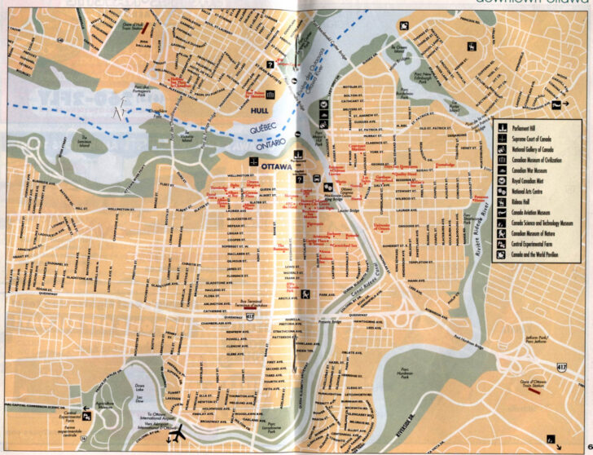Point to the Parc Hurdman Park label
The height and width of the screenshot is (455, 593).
coord(404,374)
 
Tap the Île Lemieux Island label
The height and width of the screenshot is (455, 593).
coord(83,139)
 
